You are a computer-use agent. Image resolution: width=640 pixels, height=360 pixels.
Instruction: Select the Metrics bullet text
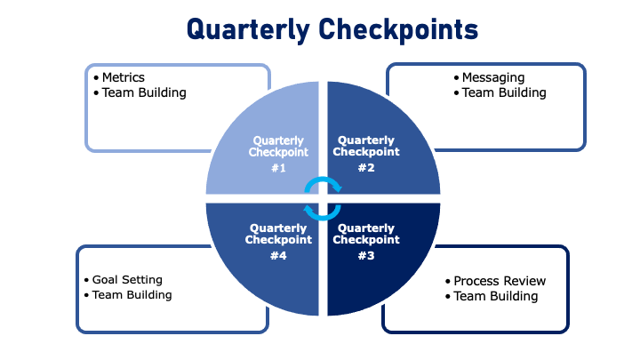click(x=123, y=77)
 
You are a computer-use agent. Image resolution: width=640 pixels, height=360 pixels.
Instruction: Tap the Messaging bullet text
click(x=493, y=77)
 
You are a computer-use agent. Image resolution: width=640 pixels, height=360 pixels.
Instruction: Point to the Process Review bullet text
click(x=500, y=281)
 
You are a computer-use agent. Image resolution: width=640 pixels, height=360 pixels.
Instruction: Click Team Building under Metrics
click(x=144, y=92)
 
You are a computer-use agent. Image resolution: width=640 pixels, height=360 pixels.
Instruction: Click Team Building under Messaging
click(x=504, y=92)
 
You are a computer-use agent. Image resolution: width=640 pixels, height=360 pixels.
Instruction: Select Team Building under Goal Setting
click(x=132, y=295)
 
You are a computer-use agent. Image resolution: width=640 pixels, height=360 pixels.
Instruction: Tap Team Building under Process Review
click(x=496, y=296)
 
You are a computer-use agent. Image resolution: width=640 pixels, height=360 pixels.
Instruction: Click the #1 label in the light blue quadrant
click(x=278, y=168)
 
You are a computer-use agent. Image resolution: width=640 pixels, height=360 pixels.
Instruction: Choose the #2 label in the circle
click(x=365, y=167)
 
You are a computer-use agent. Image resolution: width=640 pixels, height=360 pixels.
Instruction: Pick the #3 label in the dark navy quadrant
click(x=365, y=255)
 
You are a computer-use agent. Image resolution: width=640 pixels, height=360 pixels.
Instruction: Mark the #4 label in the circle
click(x=278, y=255)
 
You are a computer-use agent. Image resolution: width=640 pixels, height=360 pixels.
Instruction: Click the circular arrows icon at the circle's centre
click(x=323, y=197)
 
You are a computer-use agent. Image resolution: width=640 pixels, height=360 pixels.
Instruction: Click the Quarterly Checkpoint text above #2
click(x=365, y=146)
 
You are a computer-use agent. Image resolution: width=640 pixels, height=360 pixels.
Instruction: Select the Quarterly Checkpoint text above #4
click(x=278, y=234)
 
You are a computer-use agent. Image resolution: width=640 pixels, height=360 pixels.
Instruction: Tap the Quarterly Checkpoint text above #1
click(x=278, y=146)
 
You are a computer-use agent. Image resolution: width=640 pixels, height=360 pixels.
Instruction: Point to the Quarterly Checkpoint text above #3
click(x=365, y=234)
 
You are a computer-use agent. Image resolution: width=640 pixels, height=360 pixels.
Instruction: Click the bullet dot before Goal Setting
click(x=86, y=280)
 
